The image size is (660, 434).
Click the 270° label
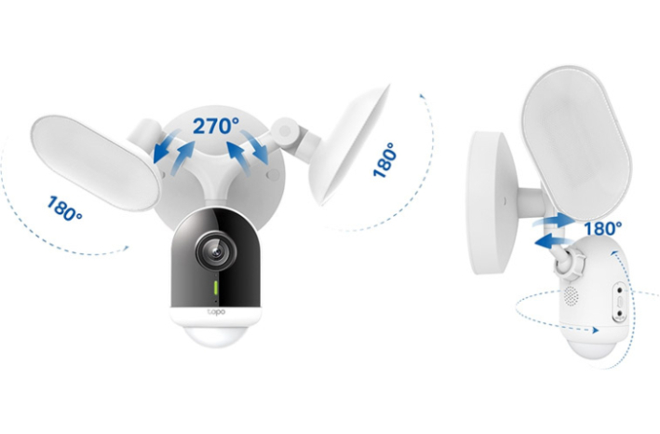click(216, 126)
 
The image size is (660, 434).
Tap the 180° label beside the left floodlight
click(64, 209)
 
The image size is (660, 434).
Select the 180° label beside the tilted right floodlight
click(385, 160)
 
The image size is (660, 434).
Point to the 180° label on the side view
click(603, 228)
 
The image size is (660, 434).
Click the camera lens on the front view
click(216, 251)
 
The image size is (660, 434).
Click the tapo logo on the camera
click(216, 312)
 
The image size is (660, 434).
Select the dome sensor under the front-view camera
click(216, 335)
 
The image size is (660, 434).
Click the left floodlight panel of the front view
click(96, 163)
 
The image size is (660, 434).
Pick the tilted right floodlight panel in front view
click(348, 144)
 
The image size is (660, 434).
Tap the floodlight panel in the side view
click(576, 143)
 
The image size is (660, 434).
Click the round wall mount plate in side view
click(490, 202)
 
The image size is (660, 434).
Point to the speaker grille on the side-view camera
click(571, 295)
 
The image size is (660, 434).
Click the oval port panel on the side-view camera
click(620, 303)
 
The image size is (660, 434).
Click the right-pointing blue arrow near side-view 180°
click(554, 221)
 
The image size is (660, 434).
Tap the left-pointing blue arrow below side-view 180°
click(555, 241)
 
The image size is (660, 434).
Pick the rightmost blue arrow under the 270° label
click(255, 147)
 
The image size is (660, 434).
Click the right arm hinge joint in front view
click(285, 131)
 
